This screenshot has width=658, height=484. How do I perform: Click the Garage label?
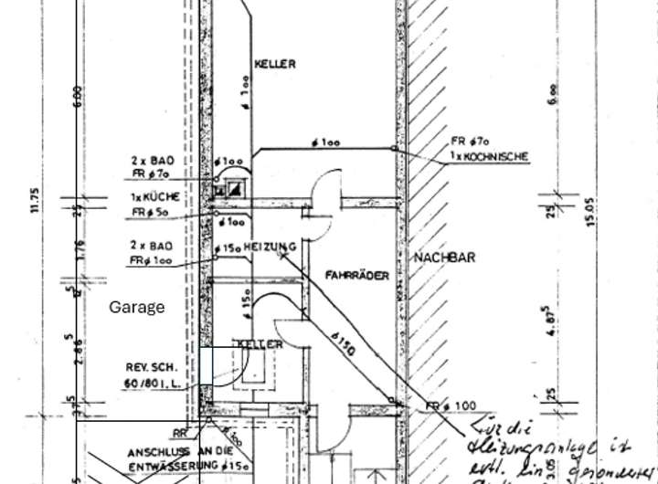click(x=137, y=307)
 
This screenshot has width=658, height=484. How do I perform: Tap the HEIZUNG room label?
click(x=271, y=247)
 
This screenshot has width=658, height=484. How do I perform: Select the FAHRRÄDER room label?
click(x=356, y=274)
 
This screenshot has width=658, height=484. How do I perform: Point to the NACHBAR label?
click(x=444, y=258)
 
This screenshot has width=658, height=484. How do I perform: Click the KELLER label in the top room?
click(x=275, y=64)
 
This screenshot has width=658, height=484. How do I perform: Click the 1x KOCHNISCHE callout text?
click(x=490, y=156)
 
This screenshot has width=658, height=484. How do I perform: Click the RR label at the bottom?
click(x=179, y=433)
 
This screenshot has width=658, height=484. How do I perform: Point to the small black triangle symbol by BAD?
click(x=237, y=189)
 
